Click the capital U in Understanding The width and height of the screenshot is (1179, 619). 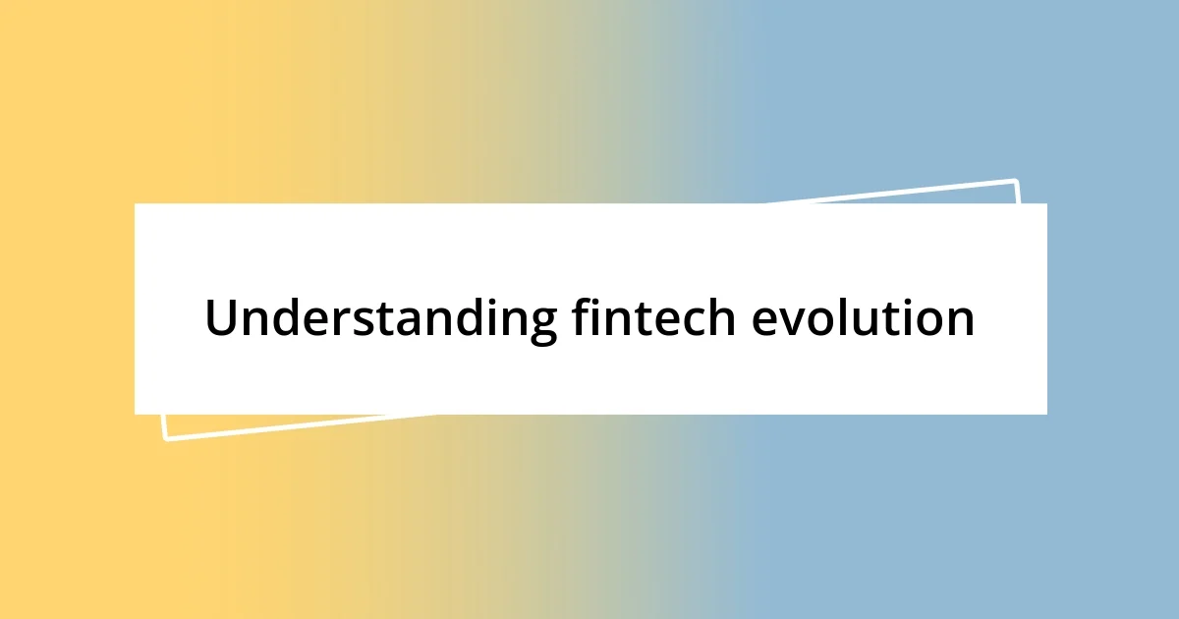coord(221,317)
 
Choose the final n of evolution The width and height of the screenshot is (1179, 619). coord(960,322)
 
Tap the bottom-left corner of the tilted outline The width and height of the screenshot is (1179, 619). coord(165,438)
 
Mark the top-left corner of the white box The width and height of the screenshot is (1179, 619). coord(136,204)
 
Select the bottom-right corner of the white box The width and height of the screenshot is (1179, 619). coord(1046,414)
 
